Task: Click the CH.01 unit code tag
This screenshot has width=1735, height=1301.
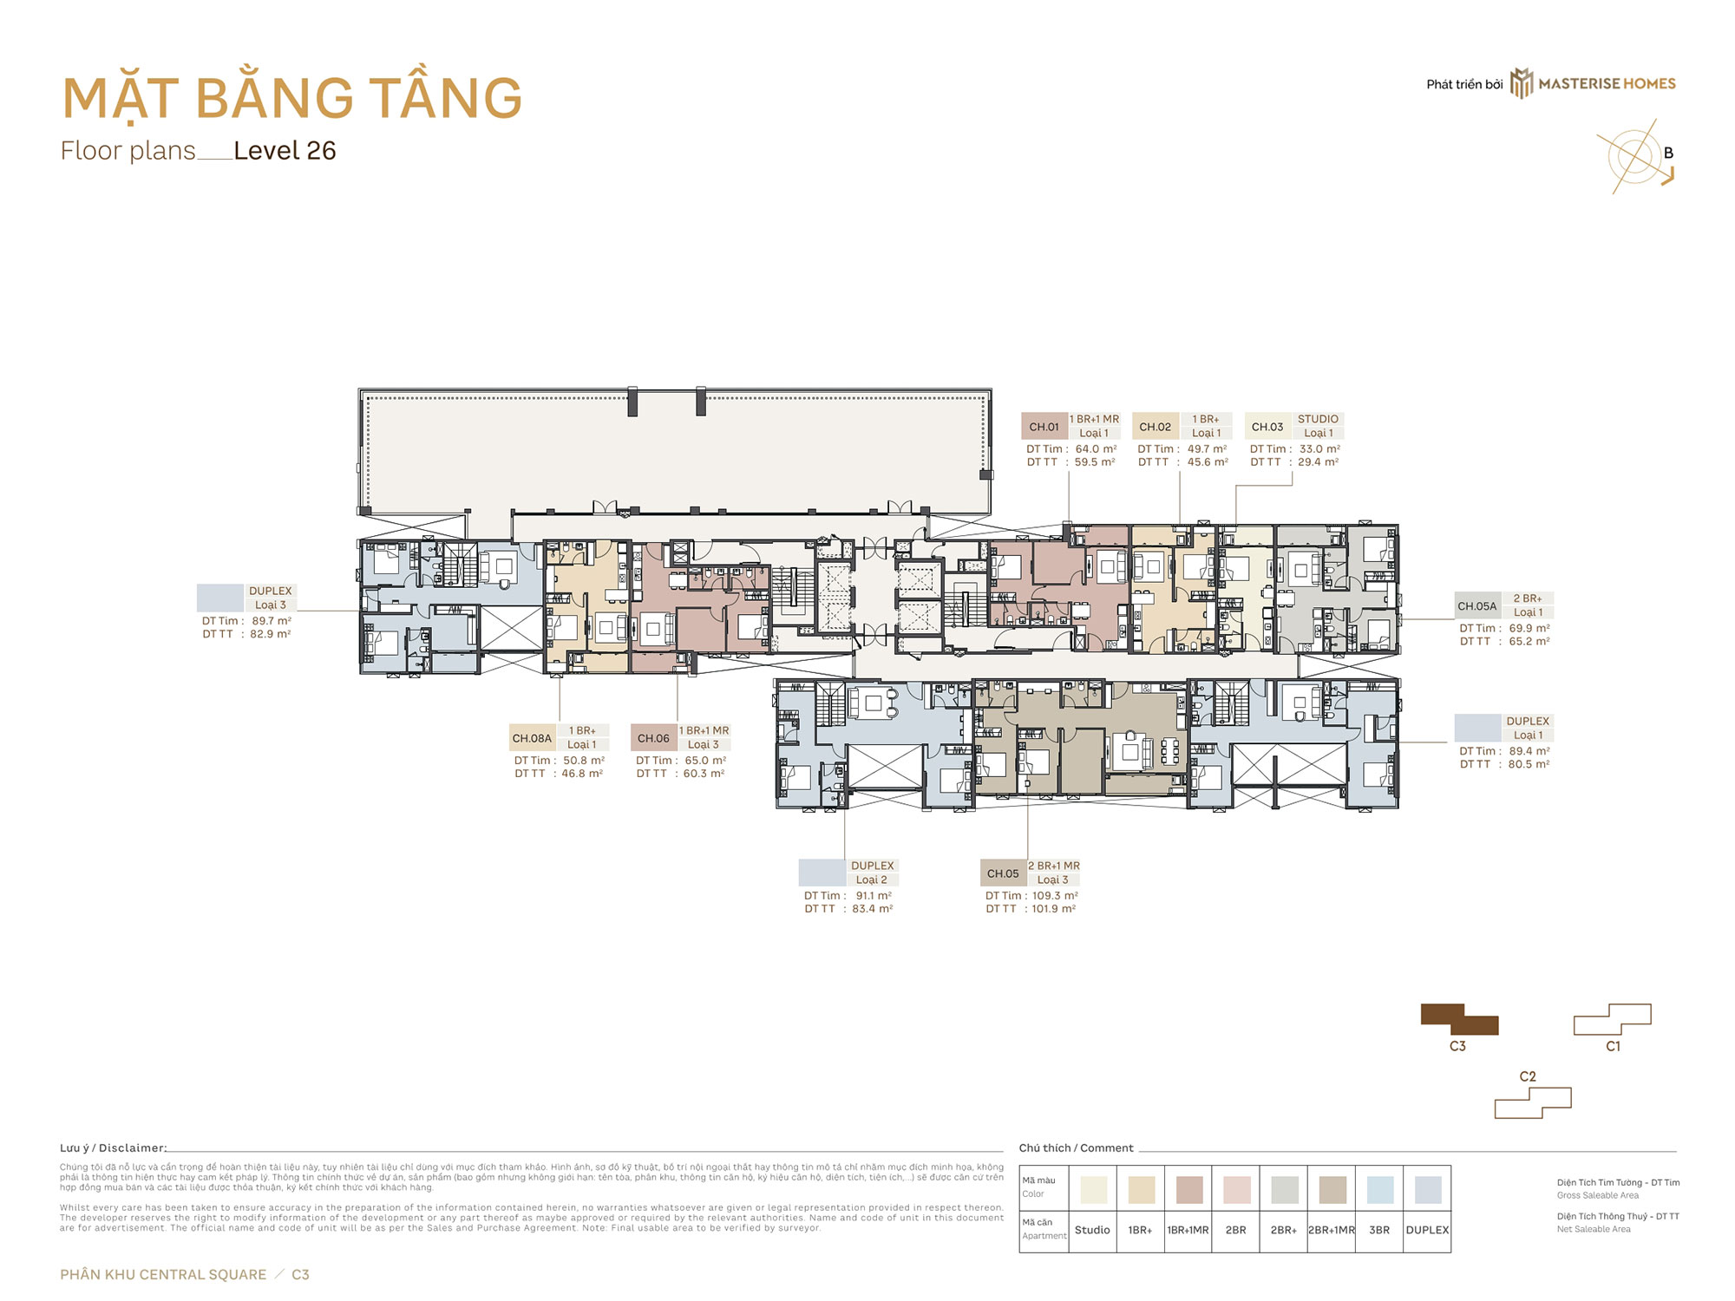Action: pyautogui.click(x=1044, y=427)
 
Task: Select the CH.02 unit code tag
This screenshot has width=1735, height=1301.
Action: pyautogui.click(x=1155, y=427)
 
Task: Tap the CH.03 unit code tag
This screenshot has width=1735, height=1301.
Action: pyautogui.click(x=1267, y=427)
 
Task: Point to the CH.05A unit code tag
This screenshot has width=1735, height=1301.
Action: pyautogui.click(x=1476, y=606)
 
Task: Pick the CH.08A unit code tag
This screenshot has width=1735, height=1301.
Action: pyautogui.click(x=532, y=738)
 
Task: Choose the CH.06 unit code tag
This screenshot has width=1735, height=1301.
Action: pyautogui.click(x=653, y=738)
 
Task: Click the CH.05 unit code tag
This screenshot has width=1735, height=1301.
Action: pyautogui.click(x=1003, y=873)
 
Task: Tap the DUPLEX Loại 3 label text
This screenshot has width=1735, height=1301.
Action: pyautogui.click(x=271, y=598)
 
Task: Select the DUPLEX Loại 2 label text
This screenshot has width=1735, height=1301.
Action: pyautogui.click(x=872, y=873)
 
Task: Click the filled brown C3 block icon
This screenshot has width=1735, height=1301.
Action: pyautogui.click(x=1458, y=1020)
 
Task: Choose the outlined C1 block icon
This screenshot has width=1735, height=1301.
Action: pyautogui.click(x=1612, y=1020)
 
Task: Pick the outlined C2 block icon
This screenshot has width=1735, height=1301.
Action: pyautogui.click(x=1532, y=1102)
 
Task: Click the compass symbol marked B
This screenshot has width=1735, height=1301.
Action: pyautogui.click(x=1637, y=157)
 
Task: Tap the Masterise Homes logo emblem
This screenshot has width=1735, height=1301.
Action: pyautogui.click(x=1522, y=84)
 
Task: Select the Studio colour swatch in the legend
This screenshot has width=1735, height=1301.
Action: pyautogui.click(x=1093, y=1189)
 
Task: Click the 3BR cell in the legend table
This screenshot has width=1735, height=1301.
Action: pyautogui.click(x=1379, y=1230)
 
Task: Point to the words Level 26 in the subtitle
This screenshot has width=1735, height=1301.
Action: pyautogui.click(x=285, y=151)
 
